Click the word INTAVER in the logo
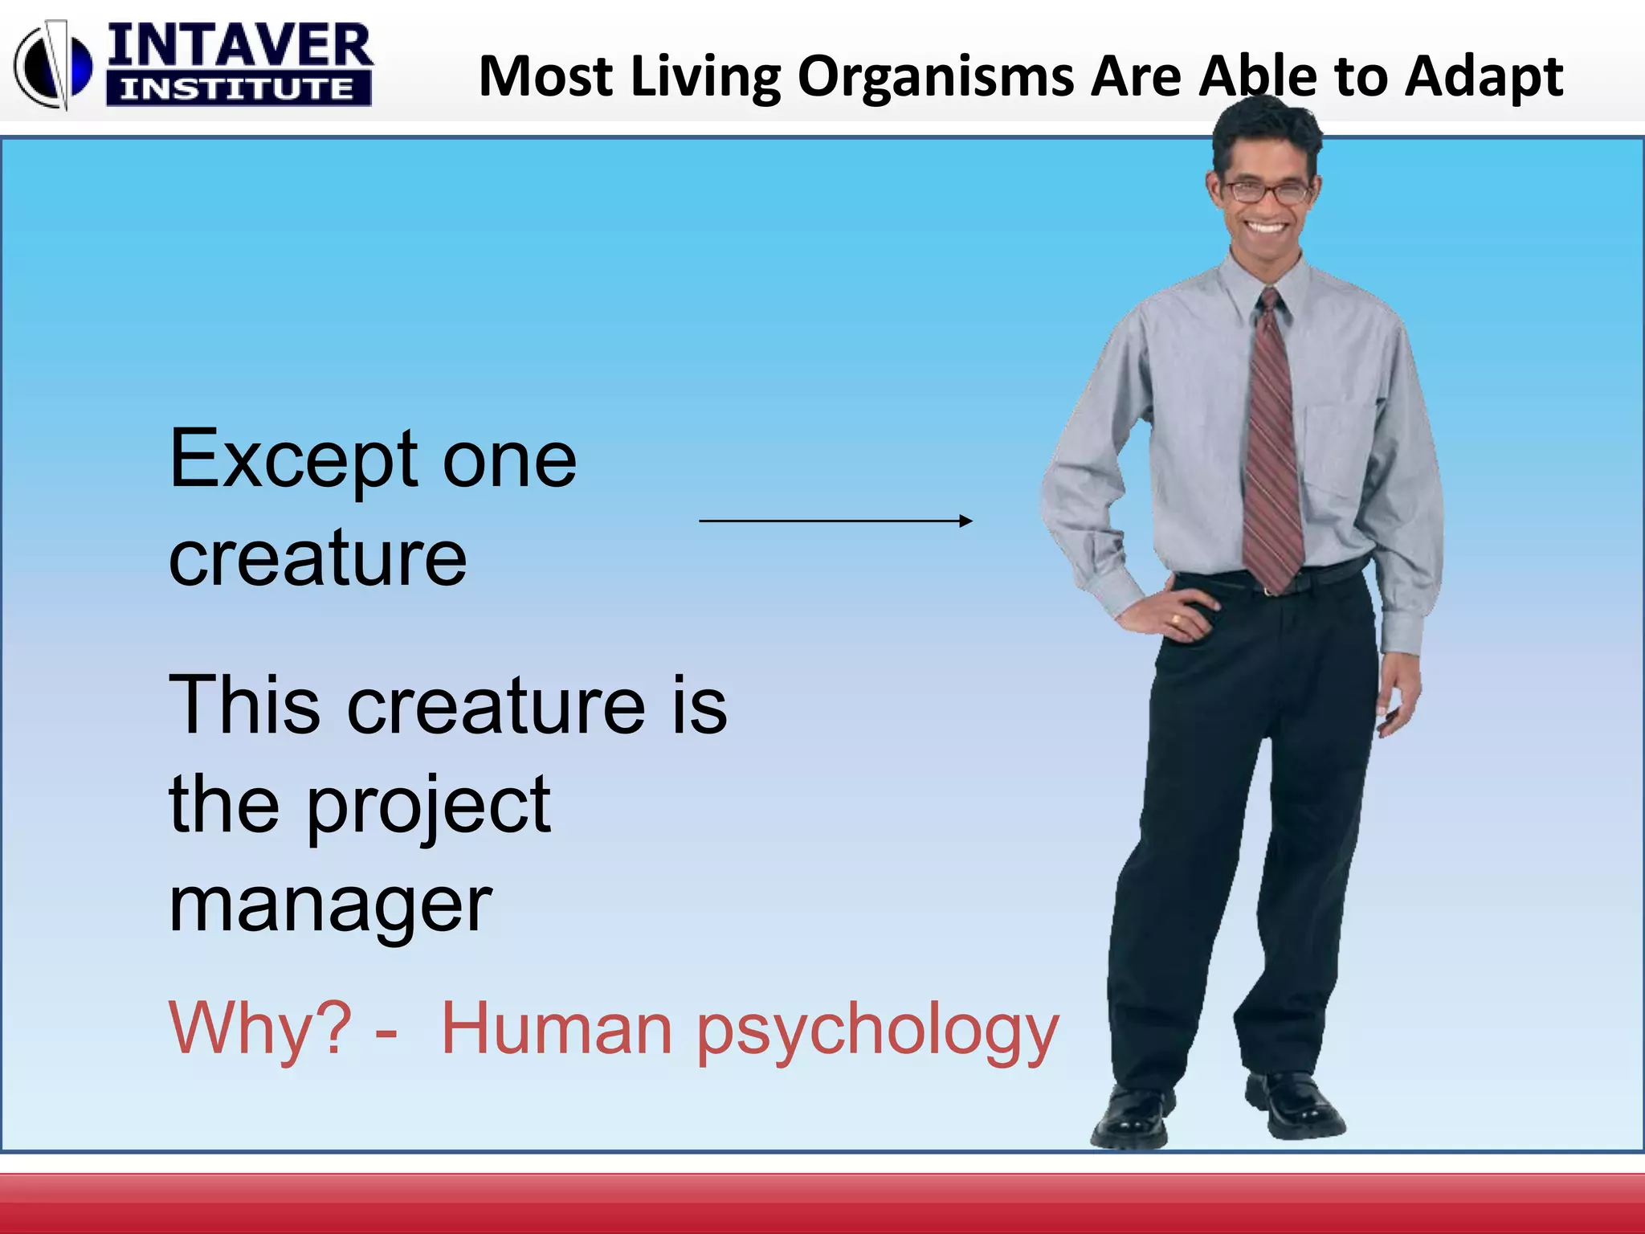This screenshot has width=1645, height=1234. pos(239,47)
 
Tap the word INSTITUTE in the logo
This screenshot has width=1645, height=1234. pos(238,89)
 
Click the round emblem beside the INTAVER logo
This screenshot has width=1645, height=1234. pos(53,64)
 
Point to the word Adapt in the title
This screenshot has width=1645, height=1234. pos(1483,78)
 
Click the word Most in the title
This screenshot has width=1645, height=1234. pos(546,76)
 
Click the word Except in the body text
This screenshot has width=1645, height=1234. pos(294,460)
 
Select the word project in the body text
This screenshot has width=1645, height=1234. pos(429,807)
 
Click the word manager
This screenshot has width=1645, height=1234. pos(329,906)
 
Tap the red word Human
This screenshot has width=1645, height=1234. pos(556,1028)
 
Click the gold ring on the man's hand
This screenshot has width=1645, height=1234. pos(1176,619)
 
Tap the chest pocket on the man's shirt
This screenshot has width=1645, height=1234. pos(1337,450)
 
